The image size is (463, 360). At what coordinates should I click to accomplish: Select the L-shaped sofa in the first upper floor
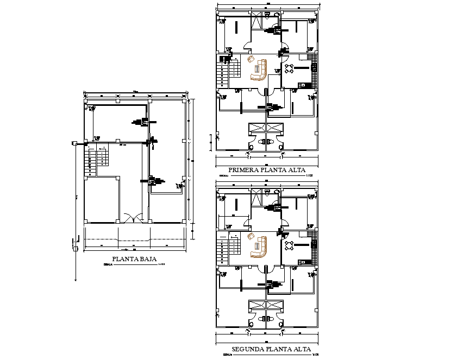click(x=260, y=71)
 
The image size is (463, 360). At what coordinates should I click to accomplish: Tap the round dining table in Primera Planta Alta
click(x=290, y=68)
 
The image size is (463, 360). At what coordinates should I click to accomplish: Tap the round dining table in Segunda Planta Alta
click(x=290, y=245)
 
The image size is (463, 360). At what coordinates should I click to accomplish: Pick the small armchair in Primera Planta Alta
click(x=251, y=59)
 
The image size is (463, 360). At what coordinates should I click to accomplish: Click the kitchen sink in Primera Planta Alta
click(x=314, y=68)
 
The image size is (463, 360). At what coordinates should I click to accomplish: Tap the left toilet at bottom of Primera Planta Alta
click(x=252, y=147)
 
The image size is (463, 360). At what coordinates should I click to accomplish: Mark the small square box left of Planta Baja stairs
click(x=73, y=144)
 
